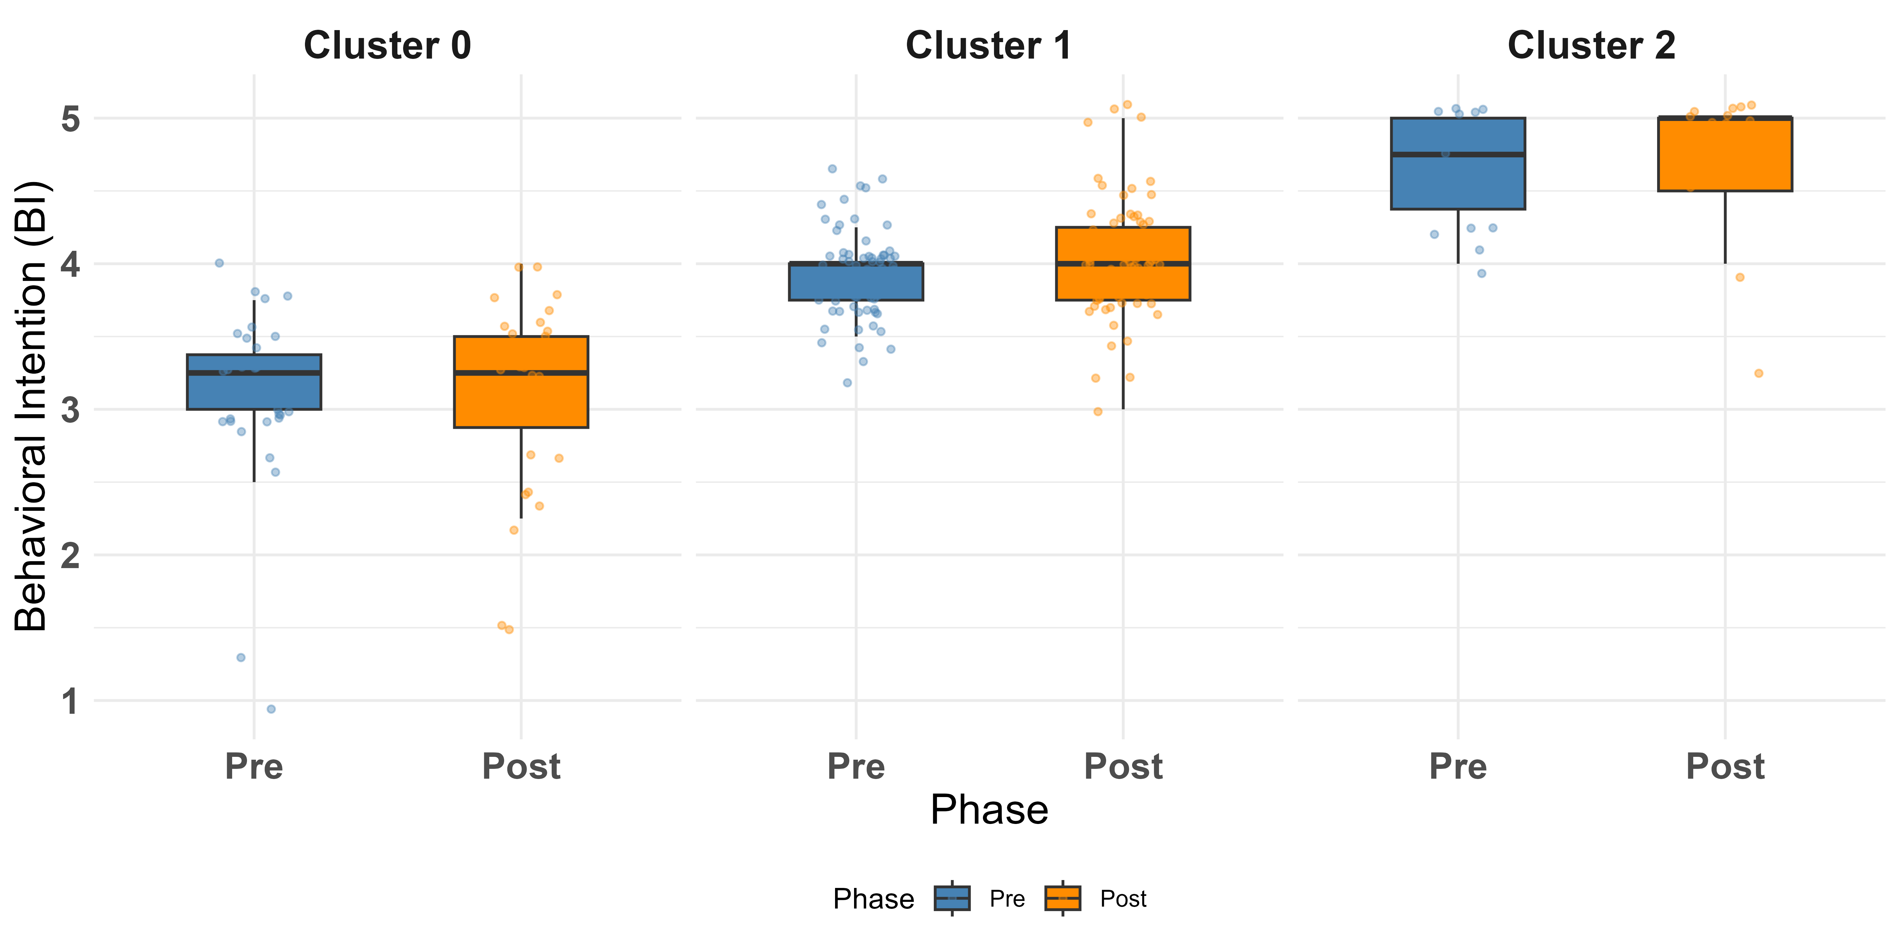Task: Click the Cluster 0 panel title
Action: click(x=387, y=46)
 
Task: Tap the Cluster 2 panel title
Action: click(x=1591, y=46)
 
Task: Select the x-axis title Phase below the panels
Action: click(x=989, y=810)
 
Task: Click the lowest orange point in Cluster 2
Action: click(x=1758, y=373)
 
